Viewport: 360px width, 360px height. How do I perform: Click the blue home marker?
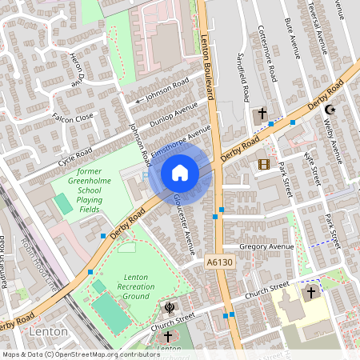[x=180, y=173]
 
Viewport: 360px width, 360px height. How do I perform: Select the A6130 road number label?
[x=218, y=262]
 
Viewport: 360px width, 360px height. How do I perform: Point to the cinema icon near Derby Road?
[x=264, y=164]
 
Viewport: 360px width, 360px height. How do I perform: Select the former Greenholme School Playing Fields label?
[x=101, y=191]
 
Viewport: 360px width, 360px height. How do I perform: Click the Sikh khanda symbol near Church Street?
[x=169, y=306]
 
